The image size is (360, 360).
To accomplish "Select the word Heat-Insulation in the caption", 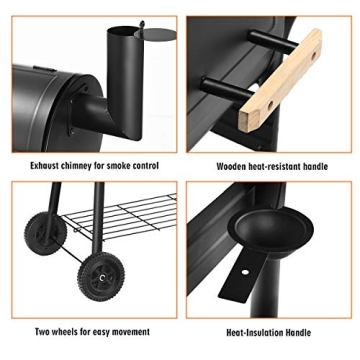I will click(254, 330).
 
